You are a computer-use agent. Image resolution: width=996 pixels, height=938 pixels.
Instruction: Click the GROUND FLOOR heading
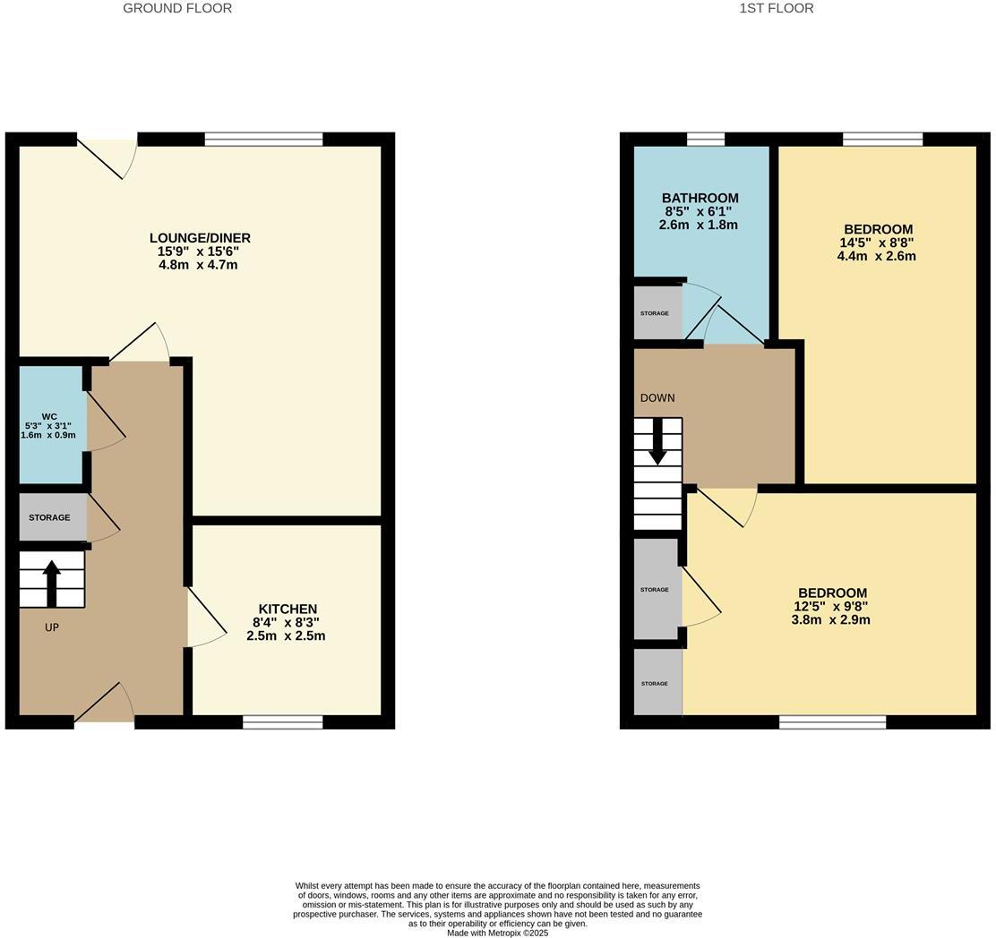pos(177,8)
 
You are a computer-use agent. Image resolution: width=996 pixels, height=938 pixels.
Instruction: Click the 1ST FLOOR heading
pos(776,8)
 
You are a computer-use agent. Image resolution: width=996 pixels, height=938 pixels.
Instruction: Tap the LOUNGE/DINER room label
pos(200,238)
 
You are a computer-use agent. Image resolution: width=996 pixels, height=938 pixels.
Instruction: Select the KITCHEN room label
pos(288,610)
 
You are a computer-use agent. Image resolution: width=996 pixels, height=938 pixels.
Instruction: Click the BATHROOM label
pos(700,199)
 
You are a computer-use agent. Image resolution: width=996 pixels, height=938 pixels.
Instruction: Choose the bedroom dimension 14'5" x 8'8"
pos(876,243)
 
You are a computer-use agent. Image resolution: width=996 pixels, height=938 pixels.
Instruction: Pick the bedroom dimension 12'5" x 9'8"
pos(830,606)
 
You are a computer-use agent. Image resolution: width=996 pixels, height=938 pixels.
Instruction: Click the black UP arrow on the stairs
pos(51,581)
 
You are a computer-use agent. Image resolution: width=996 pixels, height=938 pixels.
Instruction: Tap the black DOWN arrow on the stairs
pos(657,443)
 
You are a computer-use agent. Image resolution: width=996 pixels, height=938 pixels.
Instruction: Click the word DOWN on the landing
pos(657,397)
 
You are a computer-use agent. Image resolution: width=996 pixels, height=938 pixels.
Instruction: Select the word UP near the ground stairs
pos(52,627)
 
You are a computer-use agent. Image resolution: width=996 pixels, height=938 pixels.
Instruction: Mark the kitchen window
pos(282,721)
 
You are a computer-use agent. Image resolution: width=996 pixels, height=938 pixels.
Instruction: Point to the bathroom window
pos(706,139)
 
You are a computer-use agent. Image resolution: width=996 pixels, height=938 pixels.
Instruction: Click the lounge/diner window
pos(263,139)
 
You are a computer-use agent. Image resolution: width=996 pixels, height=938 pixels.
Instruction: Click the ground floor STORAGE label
pos(49,517)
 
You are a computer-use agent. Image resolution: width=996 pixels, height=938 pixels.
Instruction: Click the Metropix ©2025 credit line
pos(497,933)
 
